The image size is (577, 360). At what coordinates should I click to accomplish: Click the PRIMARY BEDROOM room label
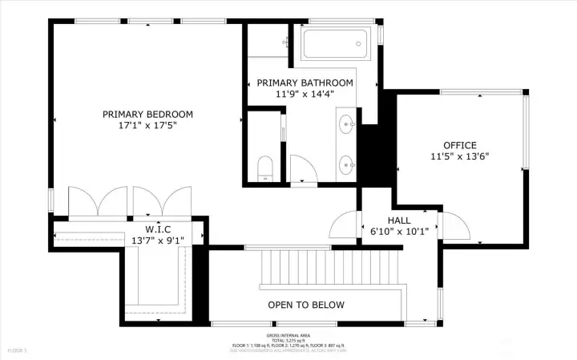pos(147,115)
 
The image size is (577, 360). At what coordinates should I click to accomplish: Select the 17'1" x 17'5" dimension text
pos(147,126)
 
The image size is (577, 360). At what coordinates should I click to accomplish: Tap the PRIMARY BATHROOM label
pos(305,83)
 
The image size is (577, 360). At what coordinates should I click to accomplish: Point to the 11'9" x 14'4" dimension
pos(305,94)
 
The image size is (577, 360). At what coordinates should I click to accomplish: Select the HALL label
pos(399,220)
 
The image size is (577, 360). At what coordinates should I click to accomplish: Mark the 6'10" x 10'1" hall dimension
pos(399,232)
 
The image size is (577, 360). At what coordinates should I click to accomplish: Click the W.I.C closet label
pos(160,228)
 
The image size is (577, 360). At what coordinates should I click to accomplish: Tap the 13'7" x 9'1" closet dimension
pos(160,239)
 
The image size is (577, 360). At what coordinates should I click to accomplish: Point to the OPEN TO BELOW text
pos(306,305)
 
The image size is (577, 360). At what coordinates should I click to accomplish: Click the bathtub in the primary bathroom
pos(336,43)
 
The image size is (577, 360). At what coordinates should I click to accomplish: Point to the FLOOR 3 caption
pos(18,350)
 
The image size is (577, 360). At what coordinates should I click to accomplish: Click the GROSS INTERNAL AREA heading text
pos(289,335)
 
